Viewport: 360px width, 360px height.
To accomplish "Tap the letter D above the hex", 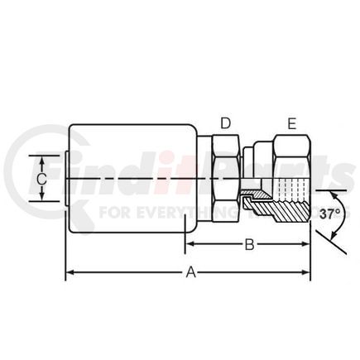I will pyautogui.click(x=224, y=123).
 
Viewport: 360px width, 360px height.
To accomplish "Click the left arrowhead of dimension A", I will pyautogui.click(x=70, y=272).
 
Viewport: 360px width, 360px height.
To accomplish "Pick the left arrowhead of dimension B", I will pyautogui.click(x=188, y=244).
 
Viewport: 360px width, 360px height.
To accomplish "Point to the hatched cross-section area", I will pyautogui.click(x=286, y=208).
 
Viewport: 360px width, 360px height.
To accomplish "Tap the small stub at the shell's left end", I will pyautogui.click(x=65, y=177).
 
